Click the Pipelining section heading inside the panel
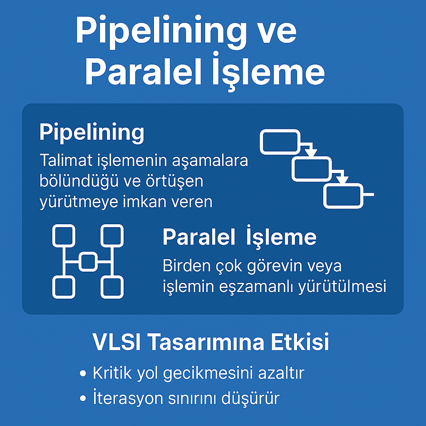(92, 133)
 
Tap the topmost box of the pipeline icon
(280, 142)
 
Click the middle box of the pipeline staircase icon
(312, 169)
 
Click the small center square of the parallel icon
(88, 261)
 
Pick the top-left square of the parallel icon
(64, 236)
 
